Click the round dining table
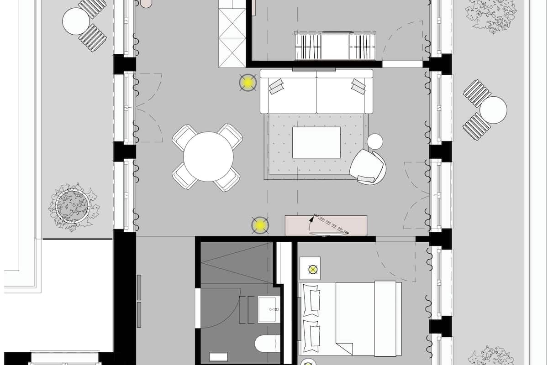click(208, 156)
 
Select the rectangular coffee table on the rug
click(316, 143)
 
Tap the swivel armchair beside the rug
click(368, 167)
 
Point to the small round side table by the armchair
click(375, 141)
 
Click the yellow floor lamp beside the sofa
click(248, 83)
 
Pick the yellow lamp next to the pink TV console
click(260, 224)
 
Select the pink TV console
click(326, 225)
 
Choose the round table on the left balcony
click(76, 21)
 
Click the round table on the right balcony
click(493, 110)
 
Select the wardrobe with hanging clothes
click(335, 46)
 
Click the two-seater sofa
click(316, 92)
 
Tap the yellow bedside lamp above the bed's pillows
click(313, 269)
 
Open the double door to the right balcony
click(416, 195)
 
